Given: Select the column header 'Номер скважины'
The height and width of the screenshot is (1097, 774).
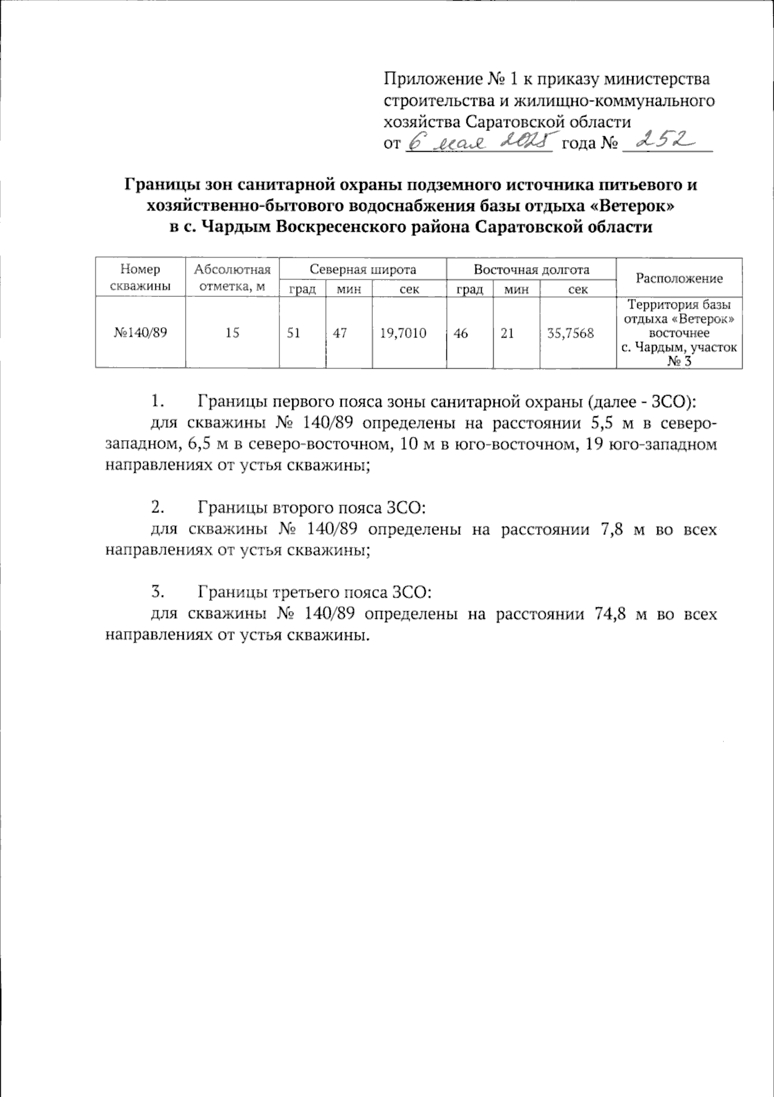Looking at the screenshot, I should [x=140, y=277].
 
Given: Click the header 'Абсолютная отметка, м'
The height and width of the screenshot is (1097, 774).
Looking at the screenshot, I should [x=232, y=277].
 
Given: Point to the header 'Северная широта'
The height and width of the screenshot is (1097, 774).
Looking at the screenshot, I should [x=362, y=270].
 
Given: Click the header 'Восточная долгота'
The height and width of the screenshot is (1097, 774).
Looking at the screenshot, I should [x=531, y=270].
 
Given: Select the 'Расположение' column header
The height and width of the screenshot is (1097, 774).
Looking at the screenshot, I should [x=679, y=278].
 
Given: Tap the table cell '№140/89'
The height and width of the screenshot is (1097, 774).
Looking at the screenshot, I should [x=140, y=333].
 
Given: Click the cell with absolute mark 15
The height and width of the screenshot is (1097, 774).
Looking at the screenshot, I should [x=232, y=333].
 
